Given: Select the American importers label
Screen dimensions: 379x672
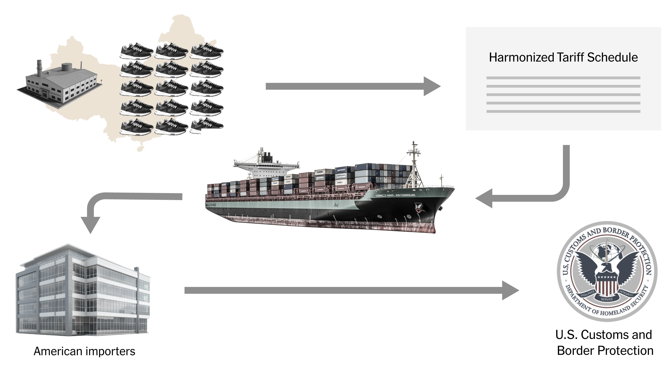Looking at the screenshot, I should (84, 351).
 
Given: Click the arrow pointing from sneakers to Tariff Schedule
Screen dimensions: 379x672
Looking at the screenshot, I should (352, 86).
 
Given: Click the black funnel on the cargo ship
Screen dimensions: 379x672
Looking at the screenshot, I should (267, 157).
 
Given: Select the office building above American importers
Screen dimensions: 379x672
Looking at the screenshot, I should (83, 290).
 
